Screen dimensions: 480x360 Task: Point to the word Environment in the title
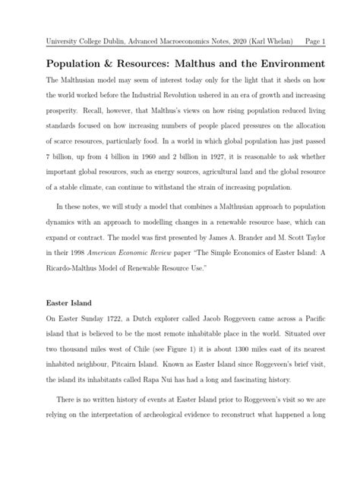(x=286, y=62)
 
